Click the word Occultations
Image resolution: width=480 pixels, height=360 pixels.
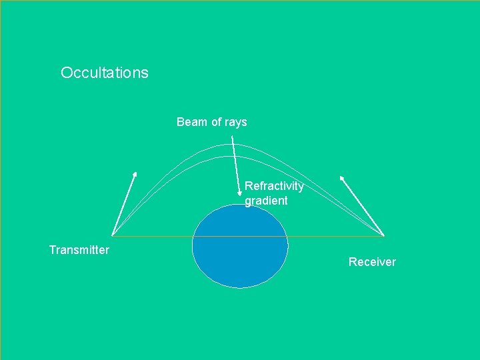coord(105,73)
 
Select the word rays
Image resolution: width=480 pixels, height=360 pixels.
coord(236,123)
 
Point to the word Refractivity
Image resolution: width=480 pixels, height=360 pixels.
coord(274,186)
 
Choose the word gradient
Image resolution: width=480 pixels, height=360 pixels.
coord(266,201)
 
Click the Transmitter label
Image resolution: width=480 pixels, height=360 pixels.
coord(79,250)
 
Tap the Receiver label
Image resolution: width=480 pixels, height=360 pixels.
coord(372,262)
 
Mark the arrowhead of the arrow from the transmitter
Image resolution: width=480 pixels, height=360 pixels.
coord(135,174)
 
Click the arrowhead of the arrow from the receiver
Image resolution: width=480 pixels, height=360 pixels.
coord(342,178)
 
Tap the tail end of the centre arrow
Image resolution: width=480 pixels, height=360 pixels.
coord(232,137)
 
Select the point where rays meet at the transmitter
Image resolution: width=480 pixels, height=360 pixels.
coord(113,235)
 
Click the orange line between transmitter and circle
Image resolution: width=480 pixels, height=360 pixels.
coord(153,236)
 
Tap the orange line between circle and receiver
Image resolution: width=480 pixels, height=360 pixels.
coord(337,236)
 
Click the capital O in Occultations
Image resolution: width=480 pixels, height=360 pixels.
coord(65,73)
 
